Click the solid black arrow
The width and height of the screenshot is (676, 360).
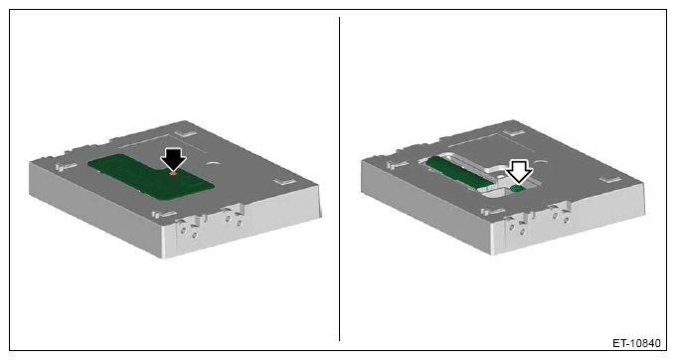coord(173,159)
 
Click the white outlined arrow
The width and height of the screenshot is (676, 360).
coord(519,171)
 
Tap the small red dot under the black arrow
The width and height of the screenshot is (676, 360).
coord(173,173)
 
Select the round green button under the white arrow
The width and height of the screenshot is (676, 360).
coord(517,188)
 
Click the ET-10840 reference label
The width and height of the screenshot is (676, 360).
coord(636,343)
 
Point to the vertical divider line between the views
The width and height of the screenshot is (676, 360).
coord(339,179)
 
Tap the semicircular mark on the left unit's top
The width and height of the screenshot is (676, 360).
coord(213,163)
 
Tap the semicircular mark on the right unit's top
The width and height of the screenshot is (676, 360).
coord(541,162)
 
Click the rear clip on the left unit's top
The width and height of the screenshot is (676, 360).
coord(187,133)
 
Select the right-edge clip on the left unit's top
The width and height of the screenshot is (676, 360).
coord(285,181)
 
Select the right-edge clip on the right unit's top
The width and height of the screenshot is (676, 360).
coord(611,179)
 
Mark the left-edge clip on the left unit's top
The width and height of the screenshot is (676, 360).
coord(66,166)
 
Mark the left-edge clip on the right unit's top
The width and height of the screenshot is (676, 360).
coord(397,165)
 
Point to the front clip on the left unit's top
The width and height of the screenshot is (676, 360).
coord(163,214)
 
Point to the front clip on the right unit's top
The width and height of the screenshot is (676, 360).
coord(493,212)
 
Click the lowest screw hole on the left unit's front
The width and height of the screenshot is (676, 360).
coord(195,235)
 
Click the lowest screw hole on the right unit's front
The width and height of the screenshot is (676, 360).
coord(523,233)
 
